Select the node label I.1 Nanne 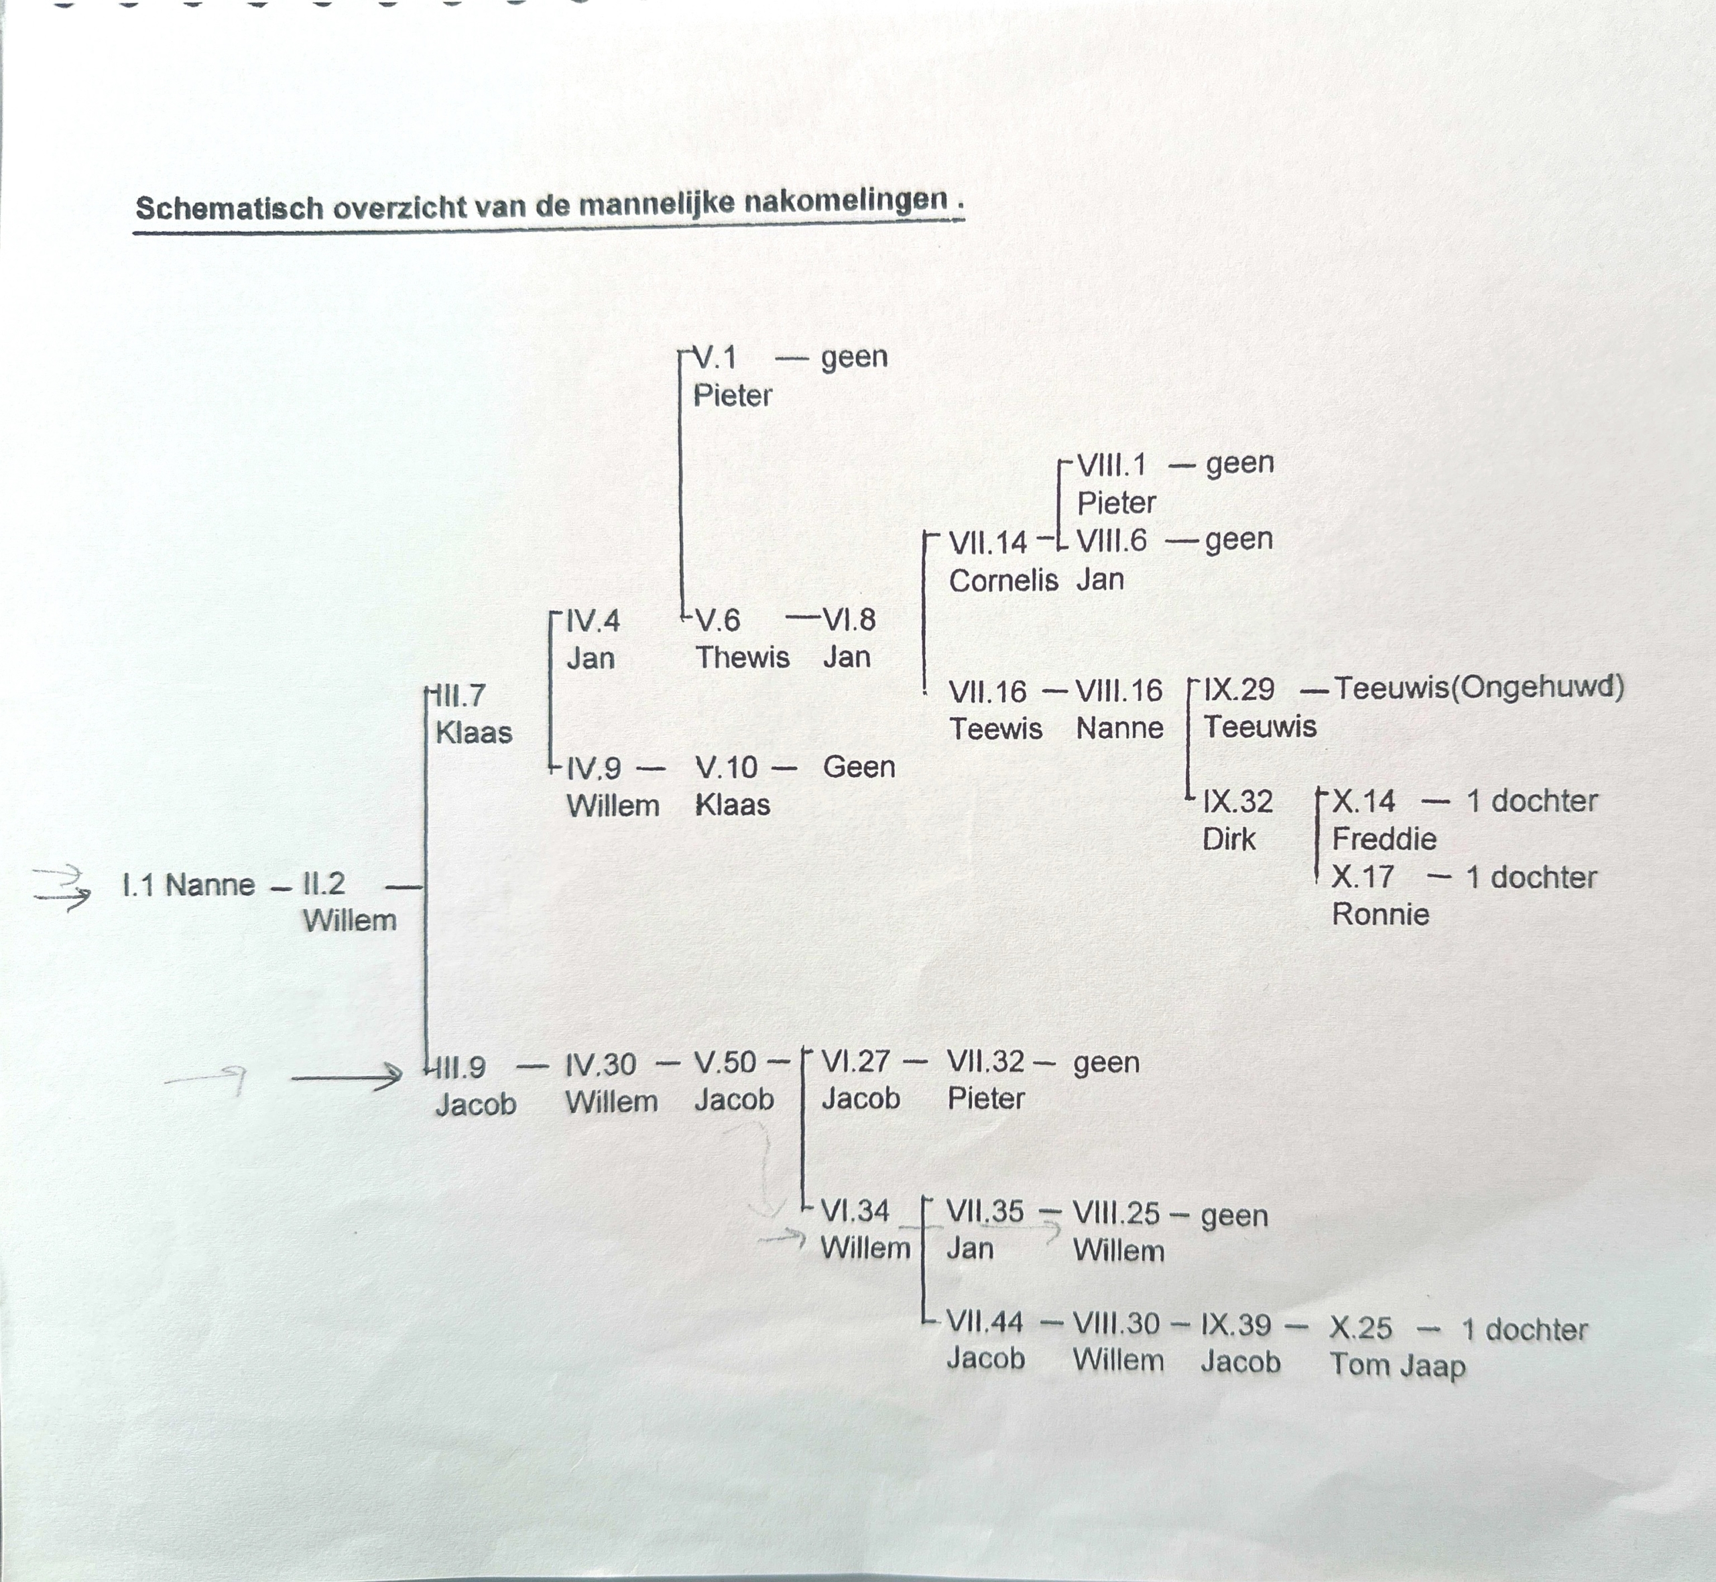click(188, 884)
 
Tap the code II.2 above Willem click(324, 883)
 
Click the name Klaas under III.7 click(474, 733)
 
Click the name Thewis click(742, 658)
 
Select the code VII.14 click(987, 542)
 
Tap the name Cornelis click(1003, 581)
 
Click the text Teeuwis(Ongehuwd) click(1479, 687)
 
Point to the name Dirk click(1229, 839)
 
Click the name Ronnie click(1380, 914)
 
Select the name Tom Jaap click(1397, 1365)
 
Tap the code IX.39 click(1236, 1325)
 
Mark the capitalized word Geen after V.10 click(859, 767)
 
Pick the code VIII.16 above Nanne click(1119, 691)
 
